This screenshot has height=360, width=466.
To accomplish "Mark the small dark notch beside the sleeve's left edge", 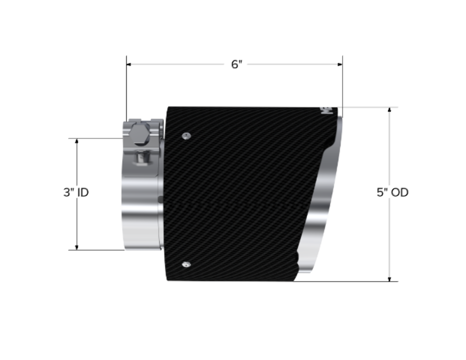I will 161,200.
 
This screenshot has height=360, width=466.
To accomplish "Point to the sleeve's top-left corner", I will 168,107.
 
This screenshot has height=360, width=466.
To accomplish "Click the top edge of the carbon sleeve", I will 252,107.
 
